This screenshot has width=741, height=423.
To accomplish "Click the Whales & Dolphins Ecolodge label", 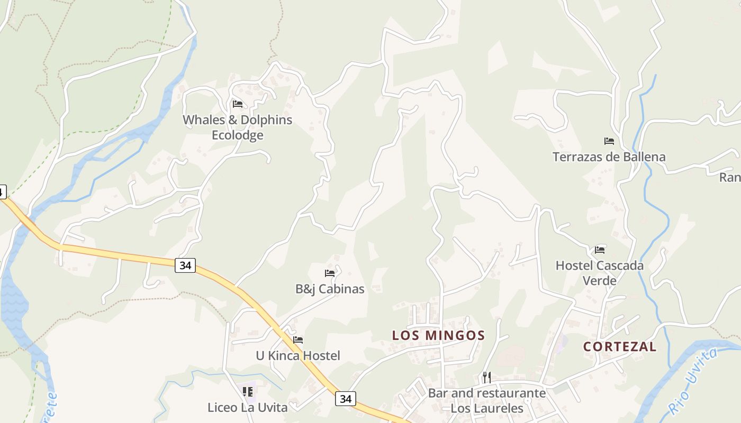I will (238, 127).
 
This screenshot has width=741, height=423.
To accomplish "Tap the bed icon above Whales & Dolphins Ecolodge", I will (238, 104).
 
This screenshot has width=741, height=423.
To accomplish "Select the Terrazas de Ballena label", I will (609, 157).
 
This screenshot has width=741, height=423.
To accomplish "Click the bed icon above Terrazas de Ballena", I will (609, 141).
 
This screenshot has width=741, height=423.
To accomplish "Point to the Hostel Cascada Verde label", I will (600, 272).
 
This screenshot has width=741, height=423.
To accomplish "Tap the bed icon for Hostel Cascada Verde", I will (600, 250).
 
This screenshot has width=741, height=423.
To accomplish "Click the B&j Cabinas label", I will (330, 289).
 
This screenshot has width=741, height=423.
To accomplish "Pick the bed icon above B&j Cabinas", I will (330, 273).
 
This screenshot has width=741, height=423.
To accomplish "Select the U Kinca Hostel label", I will (298, 356).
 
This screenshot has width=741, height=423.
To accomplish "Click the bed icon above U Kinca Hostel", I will (298, 340).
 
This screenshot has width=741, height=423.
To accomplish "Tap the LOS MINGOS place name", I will (438, 335).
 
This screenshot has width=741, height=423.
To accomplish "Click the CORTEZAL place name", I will (620, 347).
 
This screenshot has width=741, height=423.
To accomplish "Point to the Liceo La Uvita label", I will (247, 408).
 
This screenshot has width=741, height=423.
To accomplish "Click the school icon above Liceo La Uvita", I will (247, 392).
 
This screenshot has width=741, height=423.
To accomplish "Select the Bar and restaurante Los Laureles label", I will (487, 401).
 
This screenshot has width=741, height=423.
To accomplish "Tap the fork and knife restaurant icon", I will (487, 378).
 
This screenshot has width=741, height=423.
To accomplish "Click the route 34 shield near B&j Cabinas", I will (185, 265).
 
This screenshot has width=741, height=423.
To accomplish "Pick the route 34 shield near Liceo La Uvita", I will (346, 399).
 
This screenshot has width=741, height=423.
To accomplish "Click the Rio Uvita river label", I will (694, 380).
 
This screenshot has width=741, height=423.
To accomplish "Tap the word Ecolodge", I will (238, 135).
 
